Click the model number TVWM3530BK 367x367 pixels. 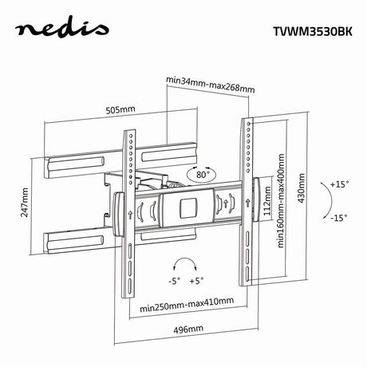[313, 31]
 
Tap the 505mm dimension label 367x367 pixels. [120, 109]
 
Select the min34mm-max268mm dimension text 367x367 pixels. [211, 85]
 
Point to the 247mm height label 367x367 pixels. [25, 203]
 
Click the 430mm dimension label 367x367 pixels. [302, 188]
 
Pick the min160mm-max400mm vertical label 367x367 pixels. [281, 201]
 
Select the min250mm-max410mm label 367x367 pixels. [187, 305]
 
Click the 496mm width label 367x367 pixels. [188, 330]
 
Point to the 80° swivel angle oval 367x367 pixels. [203, 175]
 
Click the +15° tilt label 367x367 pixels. [339, 184]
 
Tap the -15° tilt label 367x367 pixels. [339, 218]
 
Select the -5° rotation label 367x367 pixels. [174, 281]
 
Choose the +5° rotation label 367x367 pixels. [196, 281]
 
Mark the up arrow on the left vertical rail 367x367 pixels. [130, 214]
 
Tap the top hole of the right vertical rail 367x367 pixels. [249, 124]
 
